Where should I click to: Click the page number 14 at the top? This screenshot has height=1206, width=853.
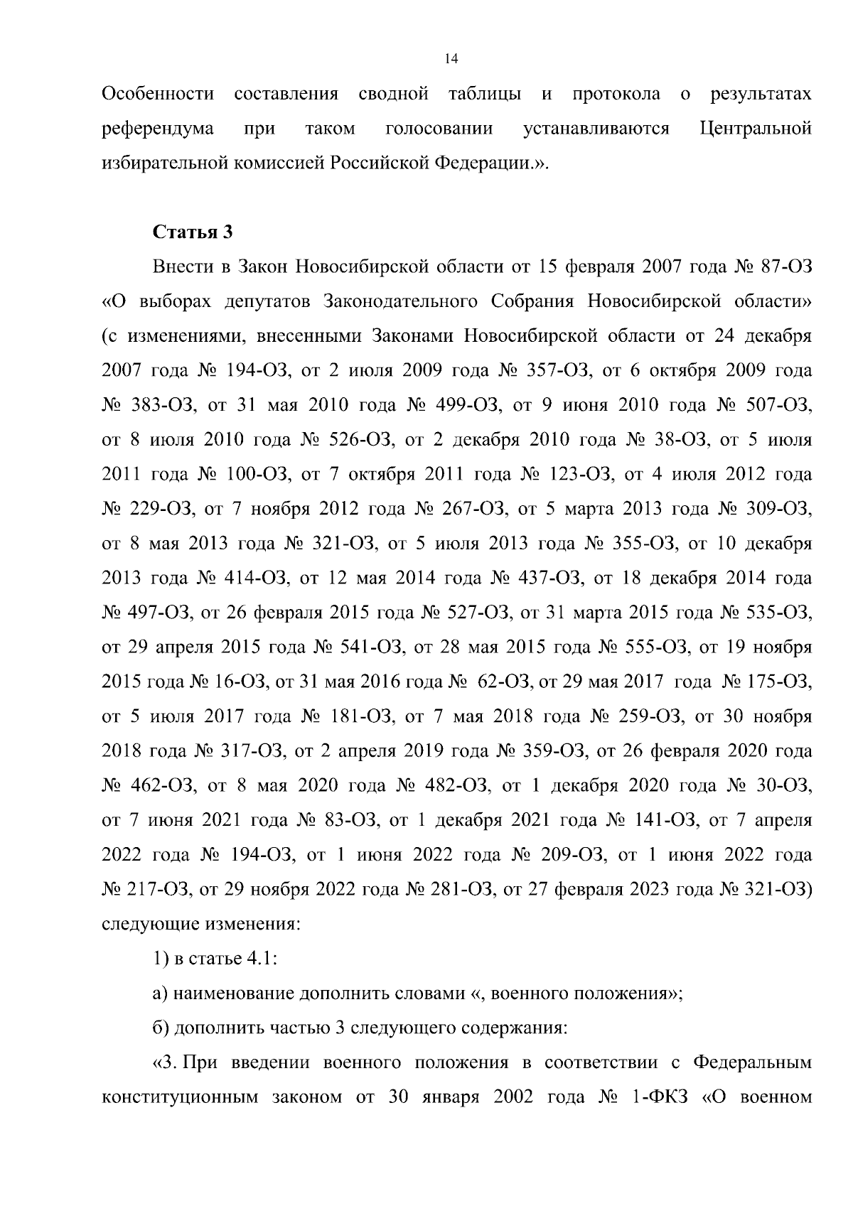coord(449,59)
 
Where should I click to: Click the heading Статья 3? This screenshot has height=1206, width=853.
coord(193,232)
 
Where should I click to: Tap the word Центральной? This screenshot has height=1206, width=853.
coord(756,129)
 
